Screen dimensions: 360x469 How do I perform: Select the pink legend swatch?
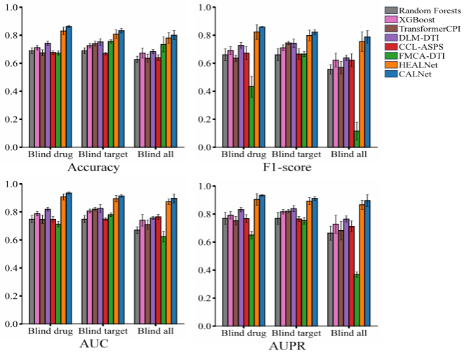click(392, 20)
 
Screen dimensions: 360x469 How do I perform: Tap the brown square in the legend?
click(392, 28)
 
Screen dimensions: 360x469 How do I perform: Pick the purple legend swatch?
click(392, 37)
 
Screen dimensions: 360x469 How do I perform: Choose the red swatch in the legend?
click(392, 46)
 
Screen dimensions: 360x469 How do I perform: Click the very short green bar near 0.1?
click(357, 139)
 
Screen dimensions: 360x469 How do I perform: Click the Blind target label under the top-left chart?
click(103, 154)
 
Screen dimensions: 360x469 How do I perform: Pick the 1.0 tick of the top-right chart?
click(206, 7)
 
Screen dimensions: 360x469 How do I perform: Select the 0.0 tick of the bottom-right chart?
click(206, 326)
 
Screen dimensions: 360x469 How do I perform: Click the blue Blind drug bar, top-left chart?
click(69, 87)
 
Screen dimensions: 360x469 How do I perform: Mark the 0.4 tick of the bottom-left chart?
click(13, 268)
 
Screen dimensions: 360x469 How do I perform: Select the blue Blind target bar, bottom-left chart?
click(121, 260)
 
